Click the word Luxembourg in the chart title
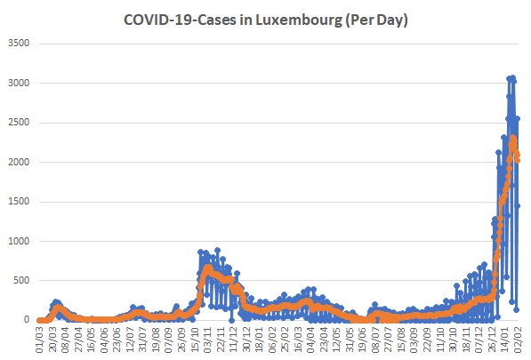298,20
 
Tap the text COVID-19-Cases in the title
180,20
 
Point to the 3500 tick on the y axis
19,43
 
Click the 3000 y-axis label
19,83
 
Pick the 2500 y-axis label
19,122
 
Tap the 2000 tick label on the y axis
19,162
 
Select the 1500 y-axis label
19,201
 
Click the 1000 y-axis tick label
19,241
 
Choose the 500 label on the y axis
21,281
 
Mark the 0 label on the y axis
27,320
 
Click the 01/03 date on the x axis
40,340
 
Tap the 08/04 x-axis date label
66,340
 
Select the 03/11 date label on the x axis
207,340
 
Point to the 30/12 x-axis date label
246,340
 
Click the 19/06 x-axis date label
362,340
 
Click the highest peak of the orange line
512,138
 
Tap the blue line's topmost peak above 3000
512,78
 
